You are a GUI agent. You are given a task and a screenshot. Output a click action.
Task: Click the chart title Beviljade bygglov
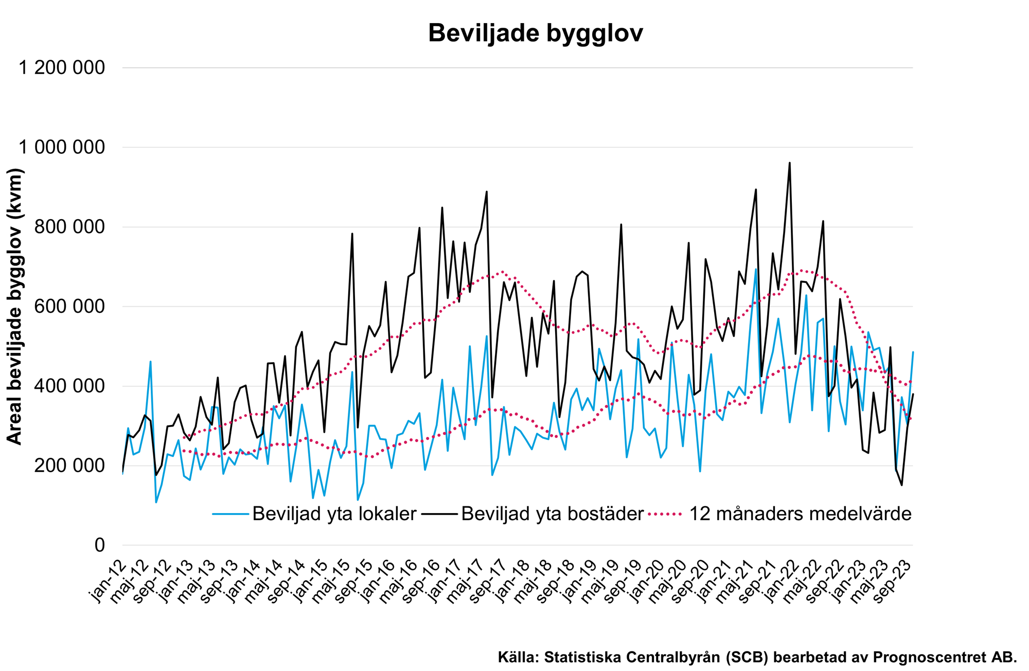(535, 33)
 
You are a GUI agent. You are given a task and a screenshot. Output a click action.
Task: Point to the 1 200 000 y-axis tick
(62, 67)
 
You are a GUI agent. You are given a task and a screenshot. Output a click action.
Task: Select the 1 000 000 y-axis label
(62, 147)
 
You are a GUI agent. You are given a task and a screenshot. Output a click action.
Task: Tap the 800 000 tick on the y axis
(69, 227)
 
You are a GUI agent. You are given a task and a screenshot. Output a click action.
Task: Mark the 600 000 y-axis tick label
(69, 307)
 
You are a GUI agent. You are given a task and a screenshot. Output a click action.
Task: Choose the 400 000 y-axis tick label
(69, 386)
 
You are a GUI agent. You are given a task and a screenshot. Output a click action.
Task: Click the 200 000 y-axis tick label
(69, 466)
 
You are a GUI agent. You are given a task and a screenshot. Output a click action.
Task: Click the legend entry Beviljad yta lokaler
(334, 514)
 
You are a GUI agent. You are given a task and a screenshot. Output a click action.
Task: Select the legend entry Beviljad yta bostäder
(552, 514)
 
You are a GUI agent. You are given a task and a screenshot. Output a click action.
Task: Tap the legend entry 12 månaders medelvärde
(800, 514)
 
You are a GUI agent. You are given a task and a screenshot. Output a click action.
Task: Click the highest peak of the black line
(789, 163)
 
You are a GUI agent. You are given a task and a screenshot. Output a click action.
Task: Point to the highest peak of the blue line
(756, 269)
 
